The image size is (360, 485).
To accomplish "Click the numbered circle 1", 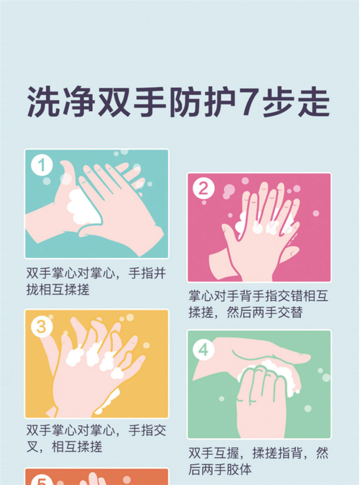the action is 42,166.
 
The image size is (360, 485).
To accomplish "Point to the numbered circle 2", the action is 204,189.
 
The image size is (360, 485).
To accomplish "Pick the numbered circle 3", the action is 41,327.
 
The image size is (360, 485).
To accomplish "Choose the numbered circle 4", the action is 204,350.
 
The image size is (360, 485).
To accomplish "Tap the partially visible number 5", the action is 42,481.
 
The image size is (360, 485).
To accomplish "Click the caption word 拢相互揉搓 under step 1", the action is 58,290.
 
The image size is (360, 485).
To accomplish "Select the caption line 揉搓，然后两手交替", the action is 245,312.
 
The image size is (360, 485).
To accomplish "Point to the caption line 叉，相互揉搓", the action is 64,447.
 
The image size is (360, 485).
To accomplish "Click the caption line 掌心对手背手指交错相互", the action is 258,296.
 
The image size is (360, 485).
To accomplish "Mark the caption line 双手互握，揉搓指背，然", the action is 258,453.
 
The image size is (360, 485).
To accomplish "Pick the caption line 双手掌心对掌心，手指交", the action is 96,430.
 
